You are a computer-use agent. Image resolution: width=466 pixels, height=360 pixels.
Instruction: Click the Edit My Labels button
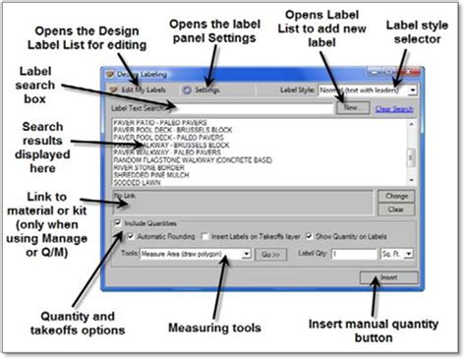(x=138, y=90)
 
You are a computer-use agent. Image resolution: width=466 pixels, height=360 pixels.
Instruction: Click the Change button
(x=395, y=196)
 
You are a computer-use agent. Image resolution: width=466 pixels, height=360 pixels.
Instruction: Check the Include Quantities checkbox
(x=119, y=222)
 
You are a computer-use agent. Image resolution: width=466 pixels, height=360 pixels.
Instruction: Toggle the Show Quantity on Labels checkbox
(x=309, y=237)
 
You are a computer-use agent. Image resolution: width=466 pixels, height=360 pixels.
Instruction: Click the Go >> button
(x=270, y=253)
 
